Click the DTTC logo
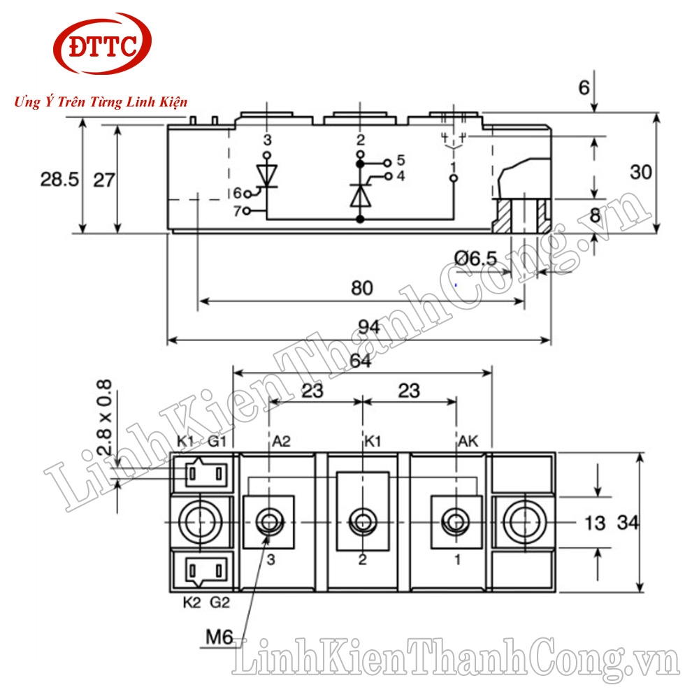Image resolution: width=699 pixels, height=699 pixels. tap(103, 47)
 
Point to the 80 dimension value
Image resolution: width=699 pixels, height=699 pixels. tap(362, 287)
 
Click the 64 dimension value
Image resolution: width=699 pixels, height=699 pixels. tap(362, 361)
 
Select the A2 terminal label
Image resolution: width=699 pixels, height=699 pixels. tap(280, 441)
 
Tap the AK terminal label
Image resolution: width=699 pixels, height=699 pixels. tap(468, 441)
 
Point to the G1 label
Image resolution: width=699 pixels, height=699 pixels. tap(217, 441)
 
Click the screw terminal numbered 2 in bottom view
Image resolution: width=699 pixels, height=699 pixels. tap(362, 521)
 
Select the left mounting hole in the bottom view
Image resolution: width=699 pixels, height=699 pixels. tap(200, 521)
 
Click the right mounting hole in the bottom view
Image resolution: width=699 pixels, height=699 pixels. tap(523, 521)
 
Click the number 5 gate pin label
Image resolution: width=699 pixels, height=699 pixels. tap(401, 160)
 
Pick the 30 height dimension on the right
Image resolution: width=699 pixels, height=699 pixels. tap(642, 172)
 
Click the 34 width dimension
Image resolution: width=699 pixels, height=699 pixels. tap(628, 521)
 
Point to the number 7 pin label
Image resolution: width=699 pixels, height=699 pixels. tap(237, 210)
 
